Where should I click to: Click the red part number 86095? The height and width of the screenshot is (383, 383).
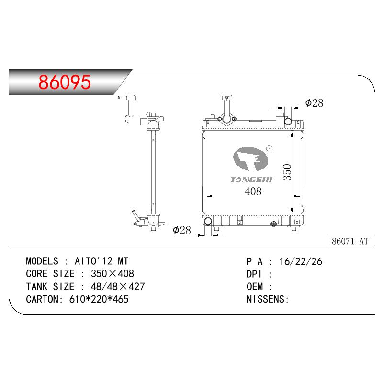pyautogui.click(x=65, y=82)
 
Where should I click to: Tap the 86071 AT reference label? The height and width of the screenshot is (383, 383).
pyautogui.click(x=350, y=241)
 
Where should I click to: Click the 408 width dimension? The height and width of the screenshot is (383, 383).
pyautogui.click(x=253, y=191)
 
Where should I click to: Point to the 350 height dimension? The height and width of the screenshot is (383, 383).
pyautogui.click(x=287, y=172)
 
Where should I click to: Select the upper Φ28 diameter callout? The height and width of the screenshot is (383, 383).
pyautogui.click(x=315, y=103)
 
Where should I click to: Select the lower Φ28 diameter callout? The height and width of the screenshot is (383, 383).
pyautogui.click(x=182, y=230)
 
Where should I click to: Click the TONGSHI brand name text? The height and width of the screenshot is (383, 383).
pyautogui.click(x=251, y=180)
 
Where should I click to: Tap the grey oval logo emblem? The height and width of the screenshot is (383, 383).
pyautogui.click(x=250, y=158)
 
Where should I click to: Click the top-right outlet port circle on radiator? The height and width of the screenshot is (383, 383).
pyautogui.click(x=288, y=121)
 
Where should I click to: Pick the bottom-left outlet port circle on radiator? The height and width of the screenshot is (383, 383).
pyautogui.click(x=208, y=221)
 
